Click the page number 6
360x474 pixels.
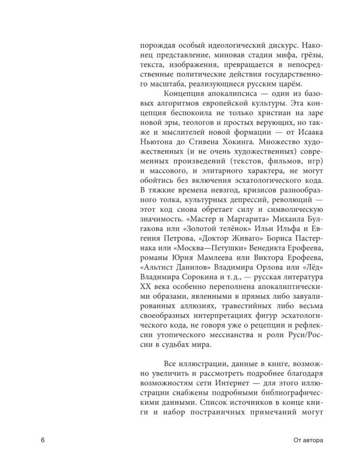(43, 440)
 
